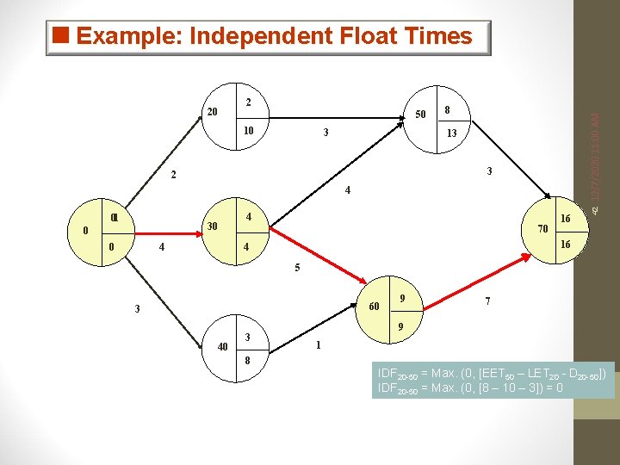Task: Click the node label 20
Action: pos(213,112)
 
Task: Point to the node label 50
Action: pos(420,115)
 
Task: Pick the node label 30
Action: pos(211,226)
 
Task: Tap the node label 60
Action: pos(375,307)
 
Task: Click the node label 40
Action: pos(222,347)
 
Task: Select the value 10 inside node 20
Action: pos(247,131)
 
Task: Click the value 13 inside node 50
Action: pos(451,133)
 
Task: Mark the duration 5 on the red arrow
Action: pos(297,268)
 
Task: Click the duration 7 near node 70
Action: pos(488,301)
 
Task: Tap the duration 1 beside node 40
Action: pos(319,346)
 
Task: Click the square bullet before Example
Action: pos(59,36)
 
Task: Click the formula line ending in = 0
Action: pos(470,388)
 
